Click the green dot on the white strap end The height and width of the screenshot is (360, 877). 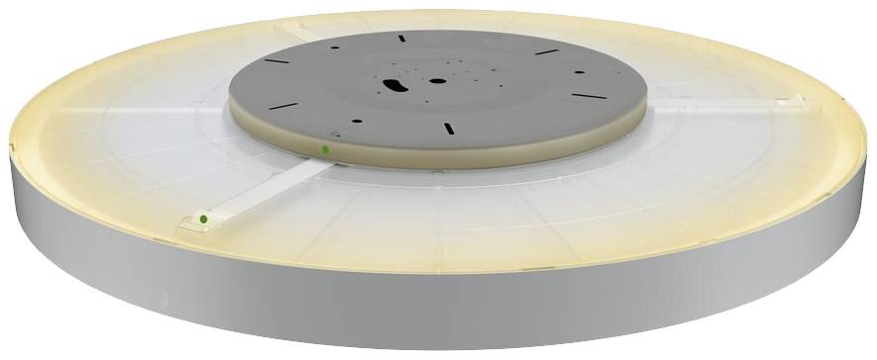click(x=202, y=219)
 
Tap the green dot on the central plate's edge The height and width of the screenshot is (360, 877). click(x=325, y=149)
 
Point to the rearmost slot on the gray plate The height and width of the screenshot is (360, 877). click(x=401, y=38)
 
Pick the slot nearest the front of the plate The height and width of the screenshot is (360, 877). click(x=448, y=128)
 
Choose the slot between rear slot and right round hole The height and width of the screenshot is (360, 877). click(x=547, y=51)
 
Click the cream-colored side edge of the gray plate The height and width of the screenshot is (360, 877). click(x=494, y=154)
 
